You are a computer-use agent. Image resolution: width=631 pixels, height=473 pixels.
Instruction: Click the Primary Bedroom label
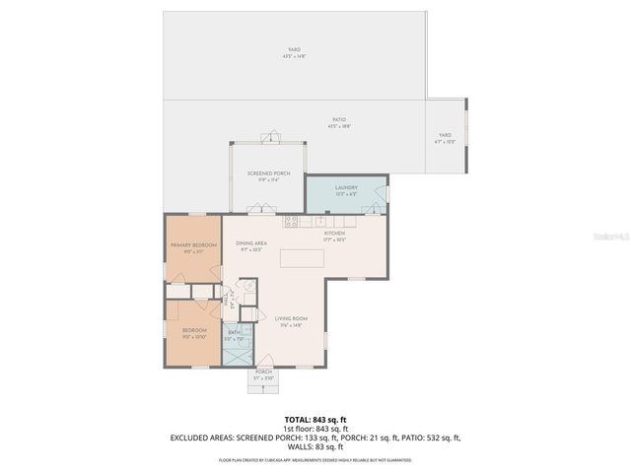point(193,244)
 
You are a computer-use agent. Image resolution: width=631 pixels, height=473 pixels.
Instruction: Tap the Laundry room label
point(346,187)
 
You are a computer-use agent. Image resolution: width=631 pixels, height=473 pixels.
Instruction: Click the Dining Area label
point(251,243)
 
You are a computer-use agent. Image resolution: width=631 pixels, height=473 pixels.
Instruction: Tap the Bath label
point(235,332)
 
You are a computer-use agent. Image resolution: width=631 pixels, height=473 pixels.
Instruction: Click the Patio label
point(338,120)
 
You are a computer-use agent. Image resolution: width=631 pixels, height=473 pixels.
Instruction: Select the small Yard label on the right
point(445,135)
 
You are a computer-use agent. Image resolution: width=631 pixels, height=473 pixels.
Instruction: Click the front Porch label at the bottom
point(263,372)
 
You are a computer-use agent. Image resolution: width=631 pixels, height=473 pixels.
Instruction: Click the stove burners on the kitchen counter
point(292,221)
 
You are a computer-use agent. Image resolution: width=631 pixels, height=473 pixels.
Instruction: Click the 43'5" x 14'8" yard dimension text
point(294,57)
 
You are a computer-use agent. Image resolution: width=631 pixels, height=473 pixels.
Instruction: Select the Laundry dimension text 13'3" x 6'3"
point(346,194)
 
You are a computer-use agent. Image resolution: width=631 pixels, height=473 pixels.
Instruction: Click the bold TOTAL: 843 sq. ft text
point(315,420)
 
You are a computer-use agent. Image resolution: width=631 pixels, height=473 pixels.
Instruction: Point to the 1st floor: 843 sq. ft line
point(315,429)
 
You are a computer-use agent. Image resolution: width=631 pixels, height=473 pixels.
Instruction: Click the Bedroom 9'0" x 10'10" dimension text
point(193,337)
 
